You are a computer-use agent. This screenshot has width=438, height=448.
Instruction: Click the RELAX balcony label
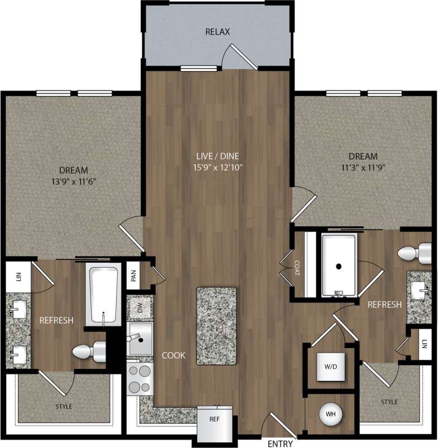click(x=218, y=32)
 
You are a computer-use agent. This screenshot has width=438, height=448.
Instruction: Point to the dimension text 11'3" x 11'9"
click(x=363, y=167)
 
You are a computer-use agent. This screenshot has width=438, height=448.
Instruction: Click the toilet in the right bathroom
click(x=416, y=252)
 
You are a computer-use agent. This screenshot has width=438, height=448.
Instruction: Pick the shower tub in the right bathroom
click(x=339, y=266)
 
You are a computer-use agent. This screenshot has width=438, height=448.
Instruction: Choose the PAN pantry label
click(x=133, y=276)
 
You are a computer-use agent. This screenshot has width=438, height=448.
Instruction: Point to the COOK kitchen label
click(x=174, y=355)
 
